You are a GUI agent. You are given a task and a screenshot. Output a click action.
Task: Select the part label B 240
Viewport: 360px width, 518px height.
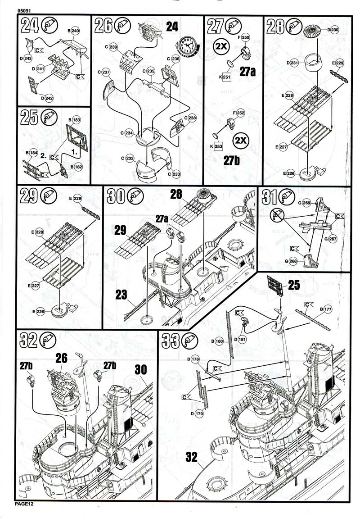(x=74, y=31)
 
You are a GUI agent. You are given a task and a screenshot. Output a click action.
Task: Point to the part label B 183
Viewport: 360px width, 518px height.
(x=74, y=120)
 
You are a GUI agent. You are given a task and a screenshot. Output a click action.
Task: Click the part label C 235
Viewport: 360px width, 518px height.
(x=148, y=71)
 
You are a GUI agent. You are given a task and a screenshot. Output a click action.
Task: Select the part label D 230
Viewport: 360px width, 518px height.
(x=333, y=30)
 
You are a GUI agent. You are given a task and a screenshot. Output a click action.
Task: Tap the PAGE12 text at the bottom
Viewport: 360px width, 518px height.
(x=24, y=504)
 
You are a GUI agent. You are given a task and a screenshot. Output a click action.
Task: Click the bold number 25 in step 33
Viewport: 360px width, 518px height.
(x=293, y=285)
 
